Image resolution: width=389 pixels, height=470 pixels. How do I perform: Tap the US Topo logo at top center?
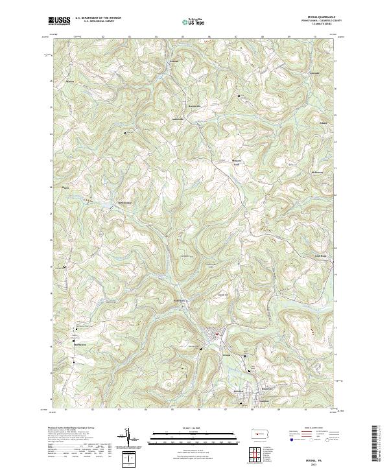coord(194,22)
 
